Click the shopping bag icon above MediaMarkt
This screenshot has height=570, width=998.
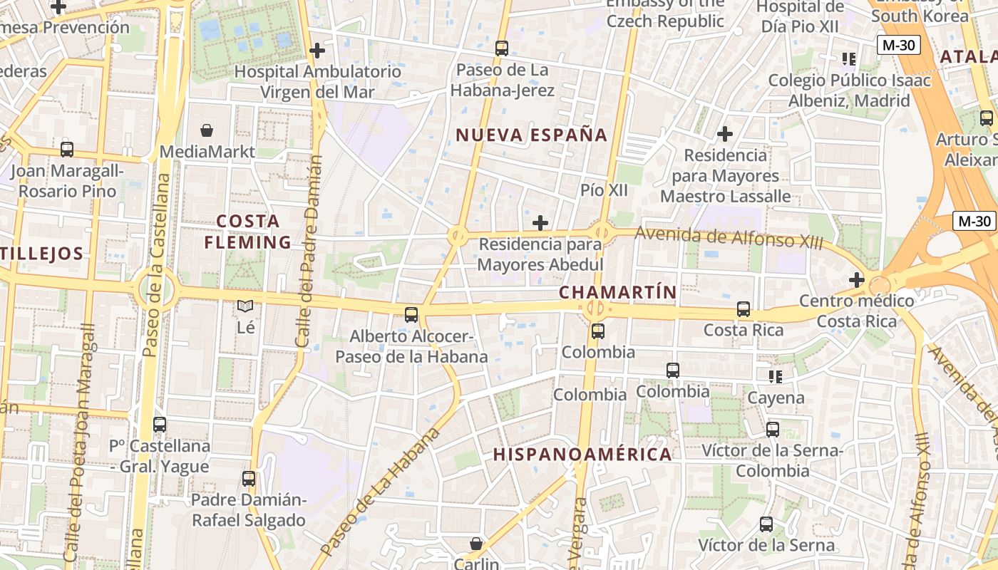[x=207, y=130]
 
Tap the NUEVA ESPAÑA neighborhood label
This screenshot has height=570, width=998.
[x=531, y=135]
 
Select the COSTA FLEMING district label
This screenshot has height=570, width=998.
[x=248, y=232]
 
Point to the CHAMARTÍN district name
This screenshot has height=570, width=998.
[x=617, y=291]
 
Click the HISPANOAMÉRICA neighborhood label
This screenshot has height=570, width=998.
[x=582, y=454]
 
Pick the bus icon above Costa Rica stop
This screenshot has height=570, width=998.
[x=744, y=309]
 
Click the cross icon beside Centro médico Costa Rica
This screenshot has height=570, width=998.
[x=856, y=280]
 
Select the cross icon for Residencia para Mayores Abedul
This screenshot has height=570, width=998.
[x=540, y=223]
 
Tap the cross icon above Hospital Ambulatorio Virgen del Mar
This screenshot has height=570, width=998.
[x=317, y=51]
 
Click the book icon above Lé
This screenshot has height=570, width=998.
[x=245, y=306]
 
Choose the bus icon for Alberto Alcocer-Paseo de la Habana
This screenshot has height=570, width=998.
[x=411, y=314]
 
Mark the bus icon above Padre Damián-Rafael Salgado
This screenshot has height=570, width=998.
[x=249, y=479]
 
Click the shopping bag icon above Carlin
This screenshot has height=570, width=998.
[x=476, y=544]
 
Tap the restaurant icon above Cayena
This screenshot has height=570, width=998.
[x=775, y=376]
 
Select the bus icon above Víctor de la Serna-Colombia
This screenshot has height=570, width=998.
[x=773, y=430]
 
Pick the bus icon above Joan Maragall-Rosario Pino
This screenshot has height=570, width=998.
[x=67, y=150]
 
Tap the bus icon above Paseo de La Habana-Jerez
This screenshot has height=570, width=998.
[x=502, y=48]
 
